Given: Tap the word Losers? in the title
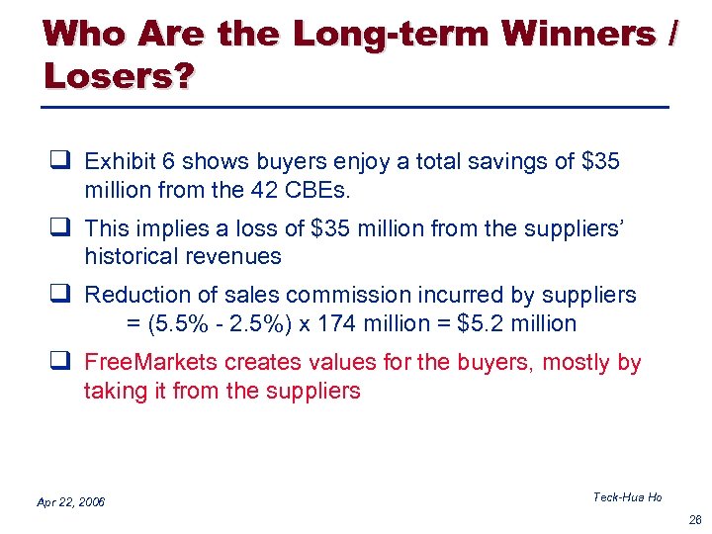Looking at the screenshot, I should tap(119, 75).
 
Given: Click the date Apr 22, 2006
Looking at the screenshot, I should tap(70, 502).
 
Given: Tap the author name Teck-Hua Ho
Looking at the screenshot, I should tap(627, 496).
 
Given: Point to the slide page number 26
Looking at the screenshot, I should tap(694, 518).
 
